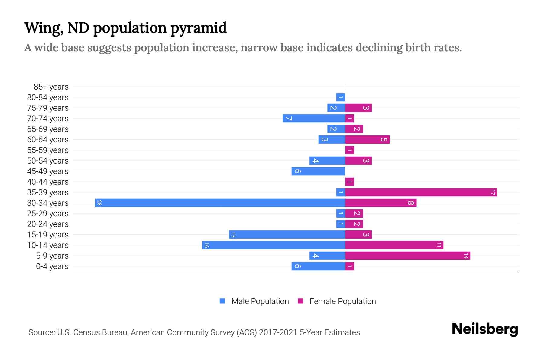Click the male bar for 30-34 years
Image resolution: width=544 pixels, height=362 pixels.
pos(220,203)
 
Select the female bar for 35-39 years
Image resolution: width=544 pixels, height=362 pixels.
pos(421,192)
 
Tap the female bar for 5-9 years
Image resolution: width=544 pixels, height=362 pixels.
pos(408,256)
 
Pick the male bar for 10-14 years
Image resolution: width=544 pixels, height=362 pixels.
pos(274,245)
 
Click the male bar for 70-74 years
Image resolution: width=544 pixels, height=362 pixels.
pos(314,119)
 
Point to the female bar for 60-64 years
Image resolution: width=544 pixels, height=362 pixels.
pos(368,140)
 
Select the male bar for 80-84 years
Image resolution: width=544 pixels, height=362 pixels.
pos(341,97)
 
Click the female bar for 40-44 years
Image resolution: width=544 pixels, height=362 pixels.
pos(350,182)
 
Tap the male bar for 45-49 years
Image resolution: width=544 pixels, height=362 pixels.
pos(318,171)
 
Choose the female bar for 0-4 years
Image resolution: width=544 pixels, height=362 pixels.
pos(350,266)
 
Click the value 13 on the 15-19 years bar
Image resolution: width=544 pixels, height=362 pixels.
pos(233,235)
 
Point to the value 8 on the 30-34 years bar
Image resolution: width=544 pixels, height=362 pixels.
pos(410,203)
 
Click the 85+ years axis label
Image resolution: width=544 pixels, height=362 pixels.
pos(51,87)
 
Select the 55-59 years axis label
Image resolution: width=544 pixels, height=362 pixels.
pos(48,150)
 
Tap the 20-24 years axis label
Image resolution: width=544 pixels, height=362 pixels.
pos(48,224)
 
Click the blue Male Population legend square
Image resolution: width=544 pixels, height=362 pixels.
pos(222,301)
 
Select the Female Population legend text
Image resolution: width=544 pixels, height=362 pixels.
pos(342,301)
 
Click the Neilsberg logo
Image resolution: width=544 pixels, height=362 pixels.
pos(485,329)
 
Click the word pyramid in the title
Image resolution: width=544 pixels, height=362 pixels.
pos(198,28)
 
